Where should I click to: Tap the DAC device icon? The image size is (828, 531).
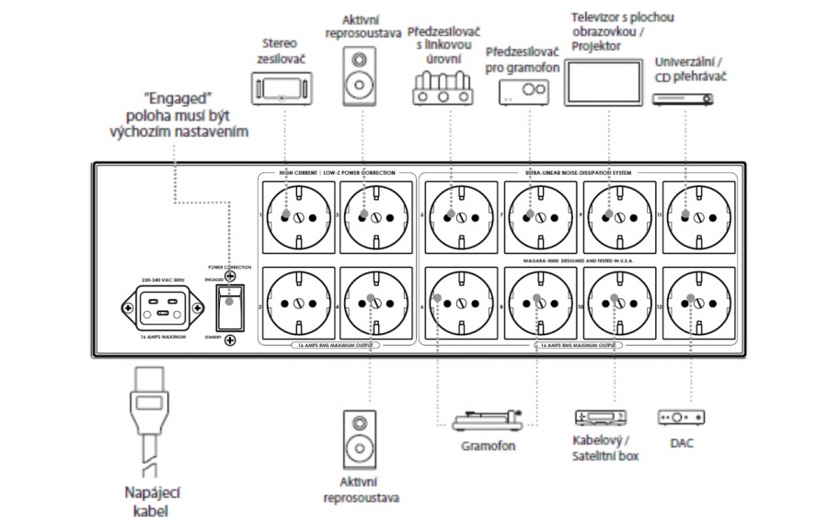click(682, 418)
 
